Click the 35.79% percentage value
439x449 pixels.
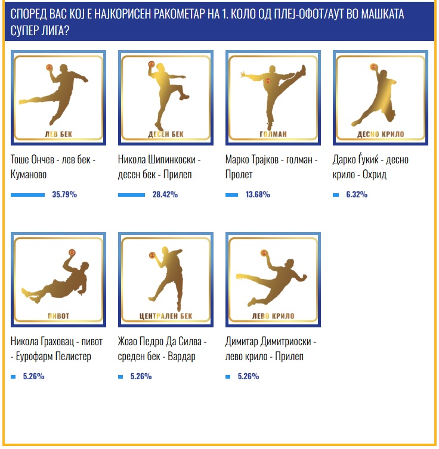[64, 194]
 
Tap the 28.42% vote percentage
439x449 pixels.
[165, 194]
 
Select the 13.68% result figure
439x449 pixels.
[258, 194]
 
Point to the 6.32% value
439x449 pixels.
[357, 194]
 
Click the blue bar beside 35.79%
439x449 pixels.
[28, 195]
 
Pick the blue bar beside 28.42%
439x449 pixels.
[131, 195]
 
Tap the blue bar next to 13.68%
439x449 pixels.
[231, 195]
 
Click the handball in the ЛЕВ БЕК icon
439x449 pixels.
[50, 67]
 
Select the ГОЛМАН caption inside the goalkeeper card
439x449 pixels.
[273, 134]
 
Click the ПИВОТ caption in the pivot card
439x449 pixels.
[58, 316]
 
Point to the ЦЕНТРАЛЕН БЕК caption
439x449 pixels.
[166, 316]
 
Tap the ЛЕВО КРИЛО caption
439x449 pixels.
[273, 316]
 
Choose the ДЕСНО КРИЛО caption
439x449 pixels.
[381, 134]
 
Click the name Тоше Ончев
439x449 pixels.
[32, 159]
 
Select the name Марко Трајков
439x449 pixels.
[252, 159]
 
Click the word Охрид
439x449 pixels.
[375, 174]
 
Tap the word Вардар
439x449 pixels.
[181, 356]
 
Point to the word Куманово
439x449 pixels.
[29, 174]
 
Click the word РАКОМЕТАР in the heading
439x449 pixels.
[180, 14]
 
